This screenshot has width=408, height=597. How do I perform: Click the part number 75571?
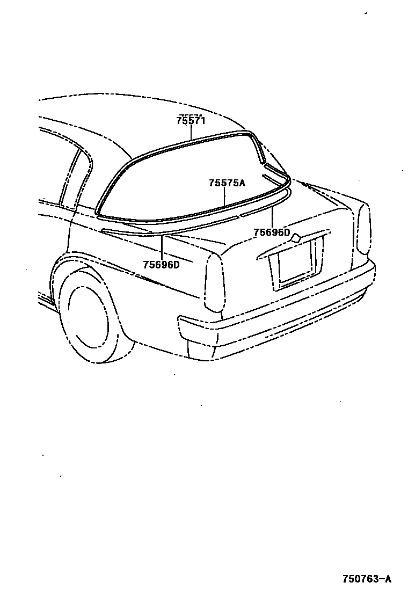click(x=191, y=121)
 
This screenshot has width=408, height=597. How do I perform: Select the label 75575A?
click(x=227, y=183)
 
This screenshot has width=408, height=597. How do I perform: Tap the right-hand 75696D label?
click(x=272, y=232)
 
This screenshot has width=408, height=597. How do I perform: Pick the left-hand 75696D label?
click(x=161, y=264)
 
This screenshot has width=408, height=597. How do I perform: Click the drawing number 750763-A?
click(x=367, y=579)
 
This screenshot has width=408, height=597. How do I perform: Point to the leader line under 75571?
click(x=191, y=133)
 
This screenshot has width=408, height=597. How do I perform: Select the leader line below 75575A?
click(x=226, y=196)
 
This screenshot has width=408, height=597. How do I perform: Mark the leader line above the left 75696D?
click(x=161, y=246)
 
